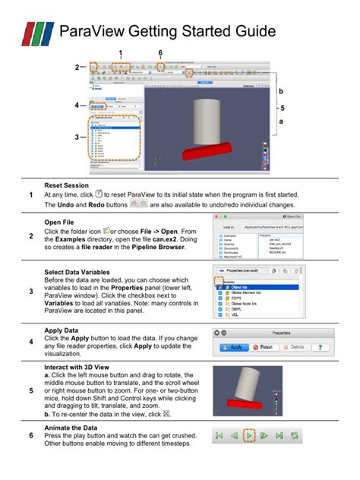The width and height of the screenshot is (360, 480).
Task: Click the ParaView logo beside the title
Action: click(x=37, y=32)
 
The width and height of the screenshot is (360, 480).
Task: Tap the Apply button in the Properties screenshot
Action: click(x=234, y=347)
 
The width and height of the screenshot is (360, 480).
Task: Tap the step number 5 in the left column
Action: click(x=30, y=391)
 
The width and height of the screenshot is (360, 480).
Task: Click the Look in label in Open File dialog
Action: click(x=229, y=227)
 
